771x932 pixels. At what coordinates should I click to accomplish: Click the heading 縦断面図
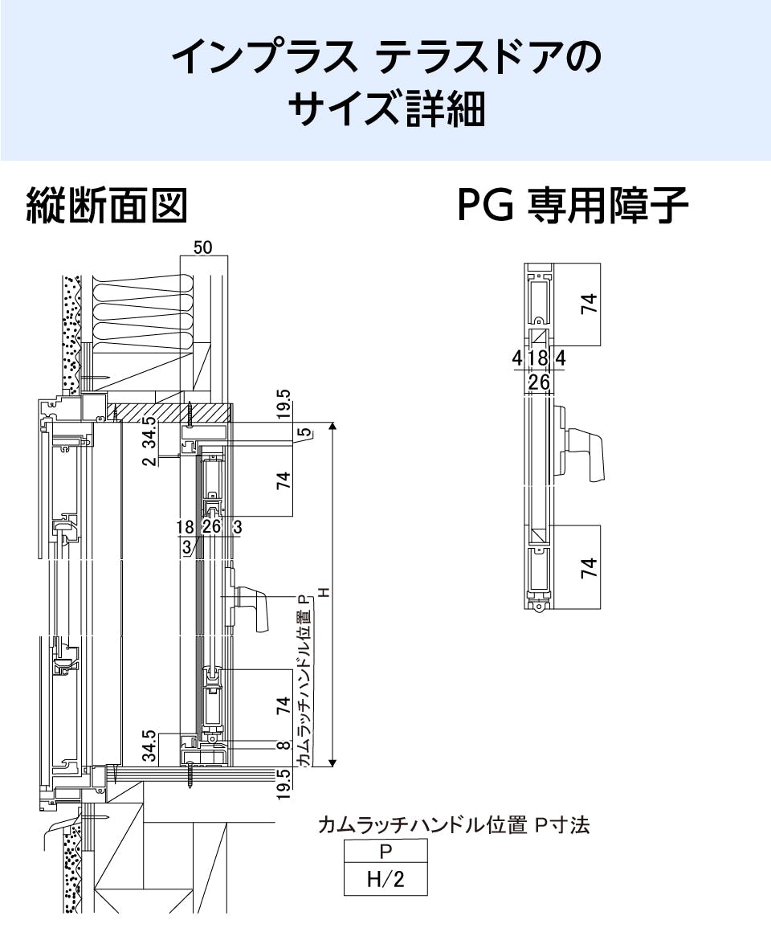coord(107,206)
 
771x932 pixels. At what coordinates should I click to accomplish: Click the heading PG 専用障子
coord(573,206)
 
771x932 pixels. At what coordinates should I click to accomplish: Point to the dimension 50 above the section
coord(202,247)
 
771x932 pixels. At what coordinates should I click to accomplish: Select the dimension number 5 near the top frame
coord(303,433)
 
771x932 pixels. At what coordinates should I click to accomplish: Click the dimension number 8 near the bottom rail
coord(283,746)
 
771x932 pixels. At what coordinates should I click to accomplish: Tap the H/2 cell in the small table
coord(385,879)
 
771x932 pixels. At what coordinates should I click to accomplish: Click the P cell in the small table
coord(385,851)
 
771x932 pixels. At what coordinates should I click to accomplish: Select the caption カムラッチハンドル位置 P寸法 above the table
coord(454,825)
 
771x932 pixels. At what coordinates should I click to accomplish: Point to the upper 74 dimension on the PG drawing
coord(589,304)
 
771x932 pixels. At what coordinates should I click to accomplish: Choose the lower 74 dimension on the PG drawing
coord(589,567)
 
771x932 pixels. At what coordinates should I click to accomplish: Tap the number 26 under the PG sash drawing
coord(539,382)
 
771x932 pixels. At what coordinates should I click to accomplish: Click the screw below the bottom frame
coord(191,775)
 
